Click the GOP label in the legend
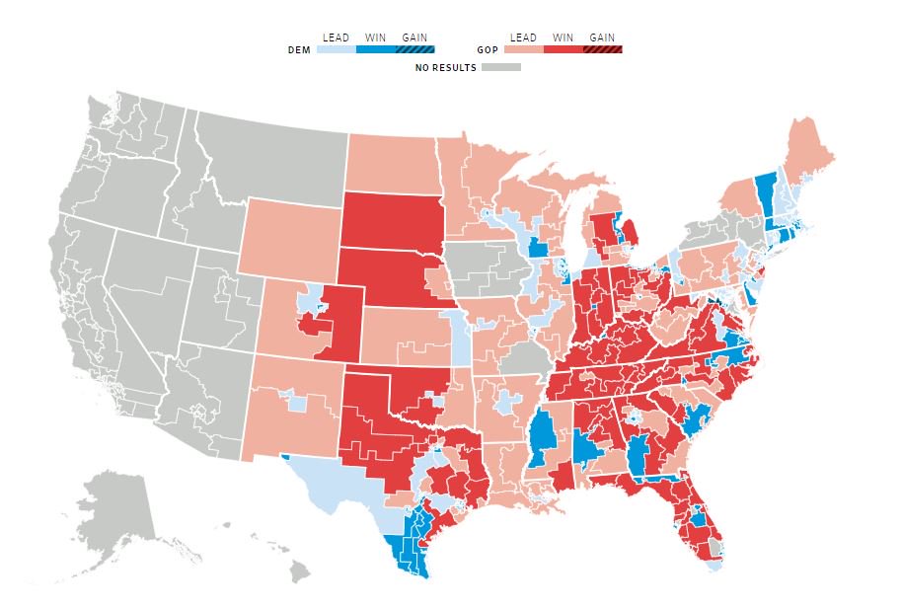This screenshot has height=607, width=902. point(486,49)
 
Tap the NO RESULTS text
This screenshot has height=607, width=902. point(446,68)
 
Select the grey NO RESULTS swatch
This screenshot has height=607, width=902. point(501,68)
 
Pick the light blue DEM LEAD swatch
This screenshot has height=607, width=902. point(336,49)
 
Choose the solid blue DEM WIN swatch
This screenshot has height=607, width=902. point(375,49)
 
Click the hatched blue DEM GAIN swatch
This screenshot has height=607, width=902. point(414,49)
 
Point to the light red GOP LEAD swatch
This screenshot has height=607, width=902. point(523,49)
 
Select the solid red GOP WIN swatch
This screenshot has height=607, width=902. point(563,49)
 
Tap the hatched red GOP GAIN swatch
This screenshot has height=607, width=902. point(602,49)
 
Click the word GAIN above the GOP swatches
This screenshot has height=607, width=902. point(602,38)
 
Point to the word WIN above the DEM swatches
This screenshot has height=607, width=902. point(375,38)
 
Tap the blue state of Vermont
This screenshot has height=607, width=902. point(764,187)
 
